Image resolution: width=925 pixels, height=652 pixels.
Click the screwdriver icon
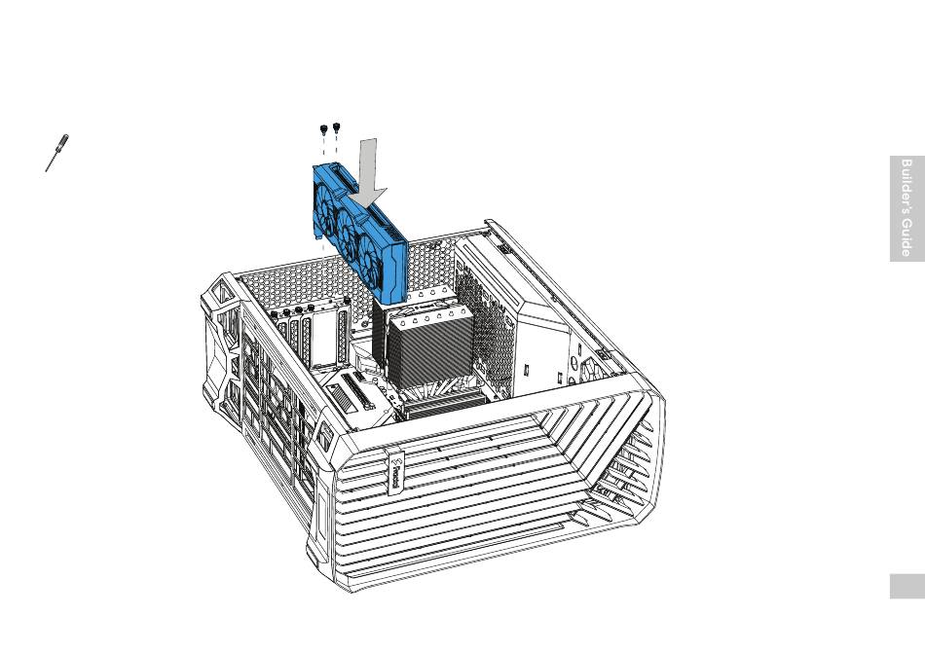pyautogui.click(x=57, y=153)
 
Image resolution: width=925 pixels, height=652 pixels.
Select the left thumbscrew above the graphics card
pyautogui.click(x=322, y=128)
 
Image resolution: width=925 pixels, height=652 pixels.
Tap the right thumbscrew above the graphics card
pyautogui.click(x=336, y=127)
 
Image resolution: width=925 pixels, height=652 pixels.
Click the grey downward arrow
pyautogui.click(x=368, y=172)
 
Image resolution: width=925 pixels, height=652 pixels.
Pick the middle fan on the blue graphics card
pyautogui.click(x=347, y=223)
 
